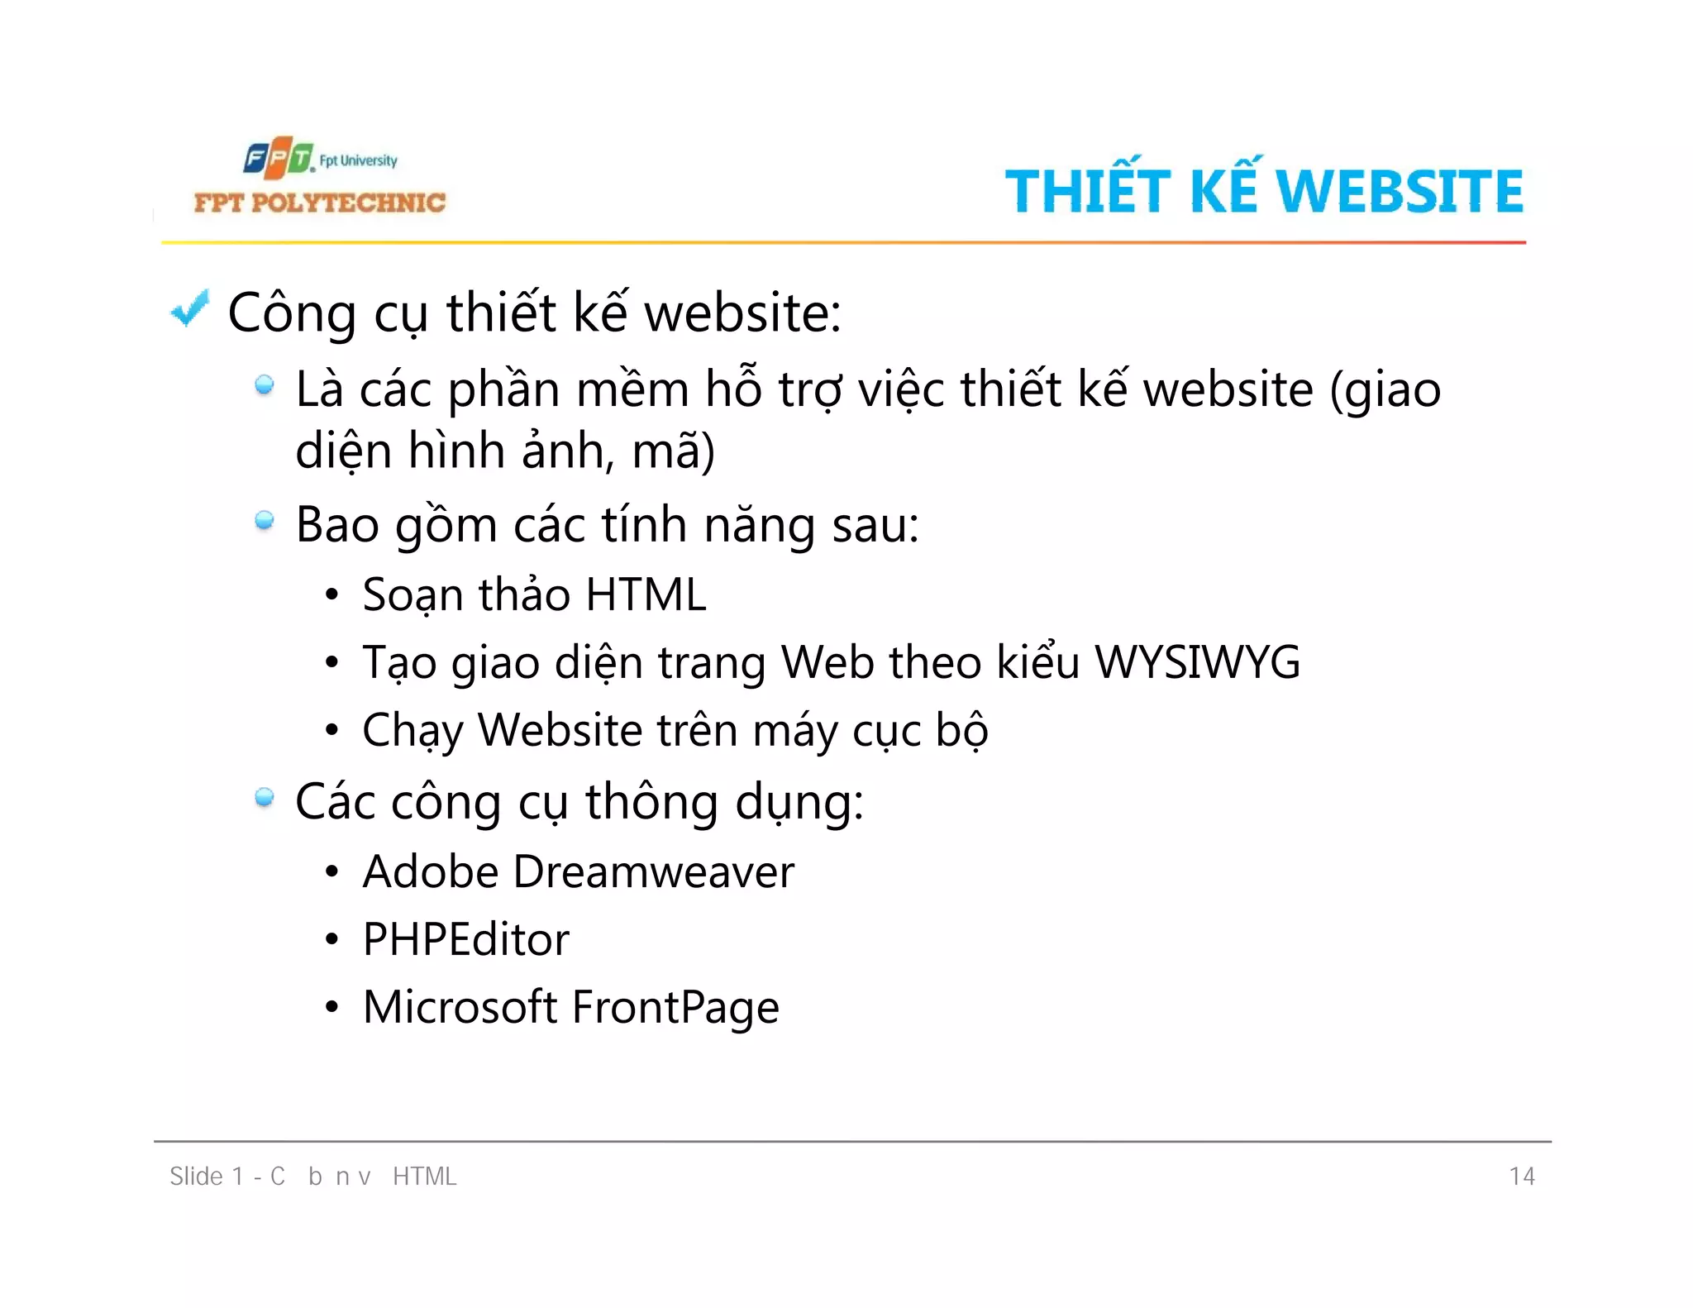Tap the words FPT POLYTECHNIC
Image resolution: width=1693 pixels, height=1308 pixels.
tap(319, 203)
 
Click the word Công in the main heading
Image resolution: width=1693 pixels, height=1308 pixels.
tap(292, 314)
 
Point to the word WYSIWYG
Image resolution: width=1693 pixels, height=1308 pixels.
tap(1197, 662)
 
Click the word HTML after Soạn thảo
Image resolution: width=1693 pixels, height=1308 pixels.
tap(646, 594)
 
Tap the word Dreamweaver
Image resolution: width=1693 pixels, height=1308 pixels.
tap(653, 871)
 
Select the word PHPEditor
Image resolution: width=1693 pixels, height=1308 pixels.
tap(465, 939)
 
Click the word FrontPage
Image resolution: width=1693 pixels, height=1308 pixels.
tap(675, 1008)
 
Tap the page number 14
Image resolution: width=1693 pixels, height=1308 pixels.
tap(1522, 1176)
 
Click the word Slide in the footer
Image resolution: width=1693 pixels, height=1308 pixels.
tap(196, 1176)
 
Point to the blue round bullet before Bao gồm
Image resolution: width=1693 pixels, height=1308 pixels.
tap(265, 521)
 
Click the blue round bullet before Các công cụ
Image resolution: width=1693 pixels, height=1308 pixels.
tap(265, 798)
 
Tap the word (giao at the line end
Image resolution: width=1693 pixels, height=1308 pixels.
tap(1385, 390)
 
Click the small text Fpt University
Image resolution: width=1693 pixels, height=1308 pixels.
tap(358, 160)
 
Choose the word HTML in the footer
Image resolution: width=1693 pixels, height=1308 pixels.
tap(424, 1176)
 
